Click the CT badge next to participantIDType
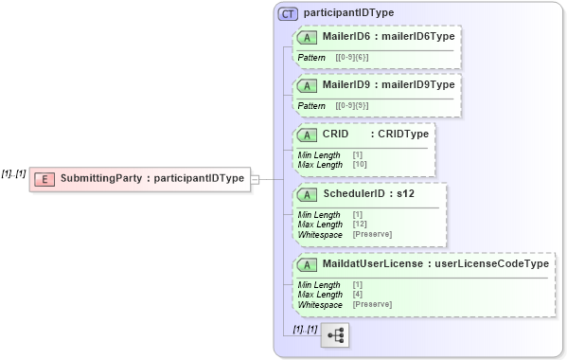[x=288, y=13]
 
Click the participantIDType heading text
[x=349, y=13]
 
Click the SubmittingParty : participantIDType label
[x=152, y=178]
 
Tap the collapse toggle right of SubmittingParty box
[x=255, y=178]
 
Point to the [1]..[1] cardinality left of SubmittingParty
[x=13, y=173]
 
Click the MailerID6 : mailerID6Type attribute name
[x=388, y=37]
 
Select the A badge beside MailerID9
[x=307, y=85]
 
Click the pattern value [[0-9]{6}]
[x=351, y=58]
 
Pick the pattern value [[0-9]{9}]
[x=351, y=105]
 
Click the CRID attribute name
[x=336, y=134]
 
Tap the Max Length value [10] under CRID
[x=360, y=164]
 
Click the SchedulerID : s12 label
[x=368, y=194]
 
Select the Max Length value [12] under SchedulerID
[x=360, y=225]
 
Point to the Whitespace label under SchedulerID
[x=320, y=233]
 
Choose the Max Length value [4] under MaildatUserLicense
[x=358, y=295]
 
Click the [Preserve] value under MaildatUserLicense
[x=372, y=304]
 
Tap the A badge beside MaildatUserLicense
[x=307, y=264]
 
